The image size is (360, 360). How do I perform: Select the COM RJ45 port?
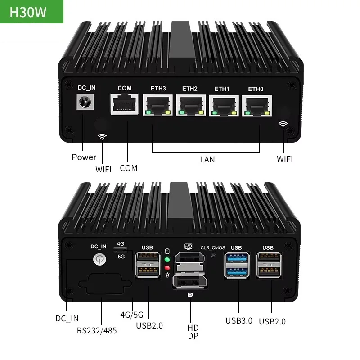pyautogui.click(x=124, y=105)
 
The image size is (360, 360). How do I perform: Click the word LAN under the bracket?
pyautogui.click(x=207, y=159)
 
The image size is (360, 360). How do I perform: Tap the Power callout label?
pyautogui.click(x=84, y=157)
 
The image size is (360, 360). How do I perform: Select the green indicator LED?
pyautogui.click(x=167, y=260)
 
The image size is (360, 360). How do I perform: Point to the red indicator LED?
pyautogui.click(x=167, y=268)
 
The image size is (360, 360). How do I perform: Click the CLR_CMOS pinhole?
pyautogui.click(x=213, y=255)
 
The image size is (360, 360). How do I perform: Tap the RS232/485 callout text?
pyautogui.click(x=97, y=331)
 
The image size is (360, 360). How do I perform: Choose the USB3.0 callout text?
pyautogui.click(x=239, y=320)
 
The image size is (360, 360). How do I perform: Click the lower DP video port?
pyautogui.click(x=189, y=283)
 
